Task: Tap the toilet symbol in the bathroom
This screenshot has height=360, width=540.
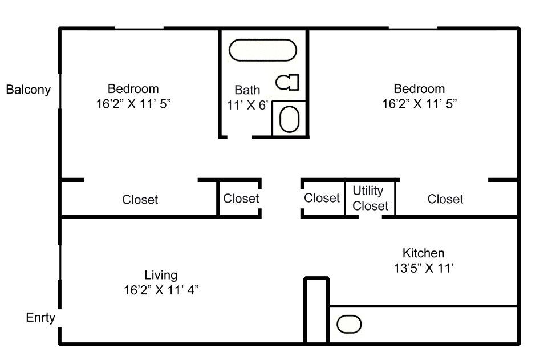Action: coord(287,82)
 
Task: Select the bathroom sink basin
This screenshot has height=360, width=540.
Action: coord(289,120)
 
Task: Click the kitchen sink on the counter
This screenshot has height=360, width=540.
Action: coord(349,324)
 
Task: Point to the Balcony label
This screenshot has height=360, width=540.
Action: coord(29,90)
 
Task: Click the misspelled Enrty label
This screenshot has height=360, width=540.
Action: coord(40,317)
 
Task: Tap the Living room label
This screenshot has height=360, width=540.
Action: coord(161,275)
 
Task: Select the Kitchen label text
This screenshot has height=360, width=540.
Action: coord(423,253)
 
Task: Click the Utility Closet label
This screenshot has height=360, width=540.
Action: coord(370,198)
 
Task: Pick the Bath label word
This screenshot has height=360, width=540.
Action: coord(247,90)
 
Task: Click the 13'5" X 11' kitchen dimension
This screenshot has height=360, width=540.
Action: coord(424,268)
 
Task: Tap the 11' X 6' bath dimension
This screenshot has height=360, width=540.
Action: coord(247,105)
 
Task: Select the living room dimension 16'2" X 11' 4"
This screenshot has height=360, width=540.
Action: coord(161,290)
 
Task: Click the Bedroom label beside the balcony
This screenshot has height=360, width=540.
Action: coord(133,89)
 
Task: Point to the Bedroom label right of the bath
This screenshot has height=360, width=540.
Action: coord(419,89)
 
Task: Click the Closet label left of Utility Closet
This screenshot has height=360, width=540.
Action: coord(322,198)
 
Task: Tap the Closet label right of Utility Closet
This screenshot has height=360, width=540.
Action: coord(445,199)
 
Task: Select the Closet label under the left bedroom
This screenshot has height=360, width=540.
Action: coord(140,200)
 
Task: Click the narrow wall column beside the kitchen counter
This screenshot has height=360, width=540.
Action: coord(316,310)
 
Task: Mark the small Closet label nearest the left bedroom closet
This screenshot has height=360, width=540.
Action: coord(241,199)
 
